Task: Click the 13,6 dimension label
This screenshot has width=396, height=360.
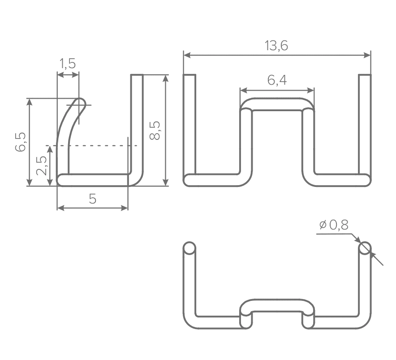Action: [276, 46]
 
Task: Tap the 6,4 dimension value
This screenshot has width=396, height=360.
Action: [277, 80]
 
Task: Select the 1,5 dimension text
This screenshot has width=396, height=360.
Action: [68, 64]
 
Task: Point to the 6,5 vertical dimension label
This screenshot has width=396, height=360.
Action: [21, 142]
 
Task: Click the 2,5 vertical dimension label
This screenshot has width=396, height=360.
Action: [41, 165]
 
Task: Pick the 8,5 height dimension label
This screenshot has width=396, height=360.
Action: [155, 130]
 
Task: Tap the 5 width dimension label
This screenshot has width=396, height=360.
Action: [93, 199]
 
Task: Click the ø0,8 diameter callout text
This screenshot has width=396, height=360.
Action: [334, 225]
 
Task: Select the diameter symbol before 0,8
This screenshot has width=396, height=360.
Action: [323, 225]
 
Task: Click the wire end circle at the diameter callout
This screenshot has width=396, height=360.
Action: [365, 248]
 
